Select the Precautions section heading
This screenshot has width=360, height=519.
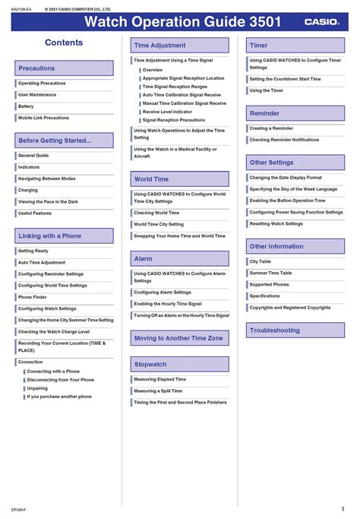point(36,68)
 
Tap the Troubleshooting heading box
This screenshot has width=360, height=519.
point(274,331)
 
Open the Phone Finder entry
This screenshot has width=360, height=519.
point(32,297)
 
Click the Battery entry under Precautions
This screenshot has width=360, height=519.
point(26,106)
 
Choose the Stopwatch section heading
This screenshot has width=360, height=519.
point(150,365)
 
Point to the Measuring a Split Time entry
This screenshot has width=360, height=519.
point(158,391)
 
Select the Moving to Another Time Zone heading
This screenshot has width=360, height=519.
point(178,338)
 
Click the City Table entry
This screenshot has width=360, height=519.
point(260,261)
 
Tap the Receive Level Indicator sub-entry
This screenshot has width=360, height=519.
point(167,112)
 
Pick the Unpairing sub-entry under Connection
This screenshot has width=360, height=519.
point(37,388)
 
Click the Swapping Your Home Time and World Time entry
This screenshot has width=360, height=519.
point(179,236)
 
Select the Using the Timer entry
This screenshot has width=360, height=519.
point(266,90)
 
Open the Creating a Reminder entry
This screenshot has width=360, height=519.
point(271,128)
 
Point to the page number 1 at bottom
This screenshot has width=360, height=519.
point(343,509)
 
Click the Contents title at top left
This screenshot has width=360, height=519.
point(64,43)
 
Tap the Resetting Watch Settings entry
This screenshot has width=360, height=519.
point(276,223)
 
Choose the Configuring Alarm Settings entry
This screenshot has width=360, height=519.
point(163,292)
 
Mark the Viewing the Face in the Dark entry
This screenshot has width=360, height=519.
point(48,201)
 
